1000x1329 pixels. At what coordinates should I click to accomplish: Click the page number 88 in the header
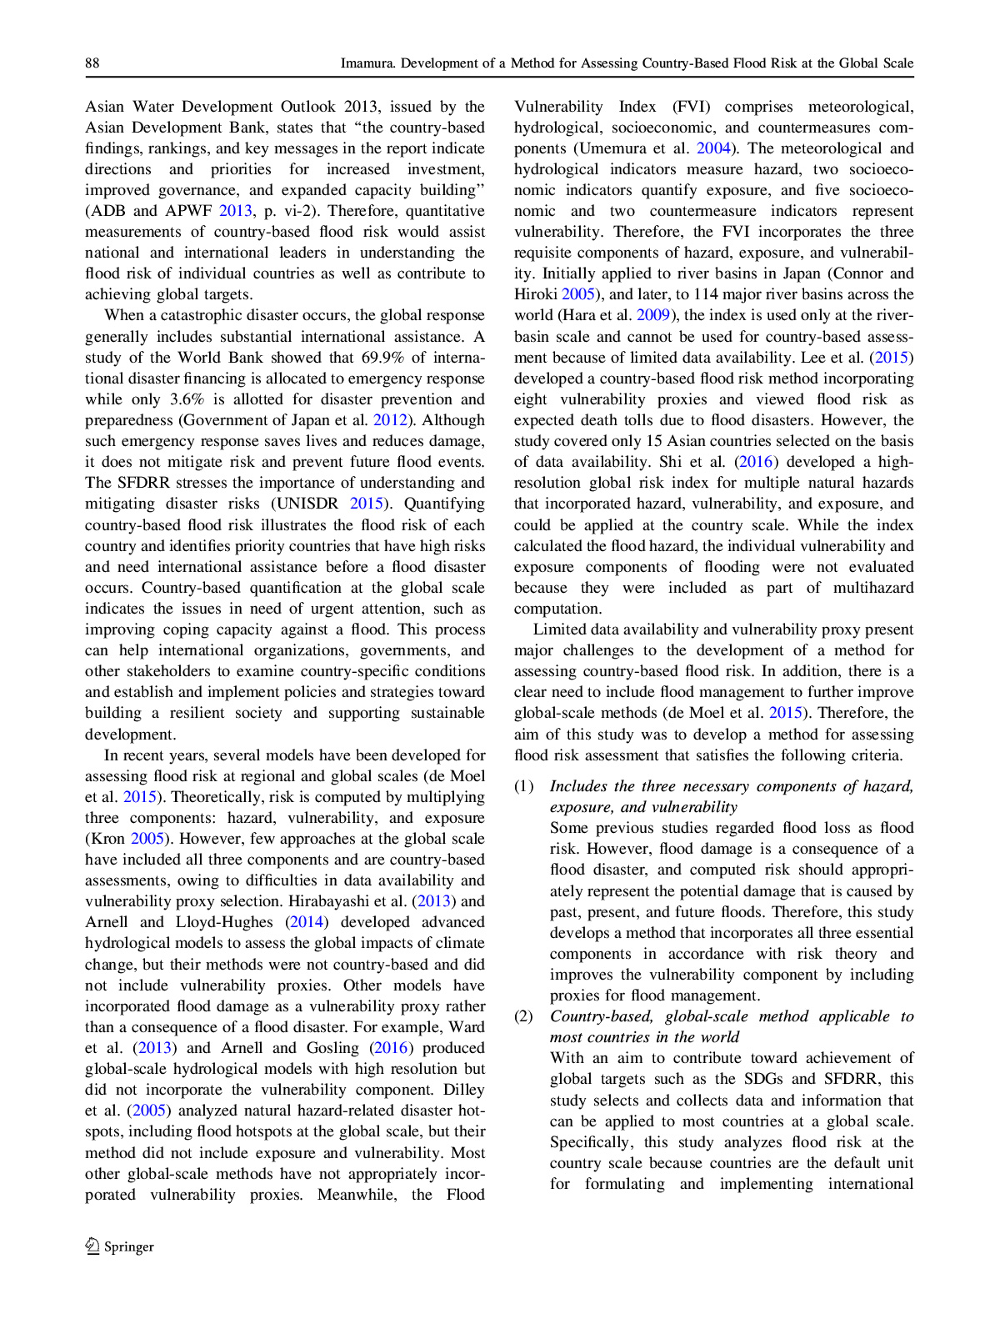(x=92, y=63)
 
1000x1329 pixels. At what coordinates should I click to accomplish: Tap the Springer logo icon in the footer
(x=92, y=1246)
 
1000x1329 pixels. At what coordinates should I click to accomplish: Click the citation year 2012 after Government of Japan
(x=390, y=420)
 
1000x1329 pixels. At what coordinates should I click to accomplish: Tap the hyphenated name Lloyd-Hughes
(x=224, y=922)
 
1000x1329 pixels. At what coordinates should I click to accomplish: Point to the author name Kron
(x=105, y=839)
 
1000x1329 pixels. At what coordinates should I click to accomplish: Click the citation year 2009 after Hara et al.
(x=653, y=315)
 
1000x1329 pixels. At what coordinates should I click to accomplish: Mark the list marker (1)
(x=523, y=786)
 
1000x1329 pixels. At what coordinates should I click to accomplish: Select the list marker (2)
(x=523, y=1016)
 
